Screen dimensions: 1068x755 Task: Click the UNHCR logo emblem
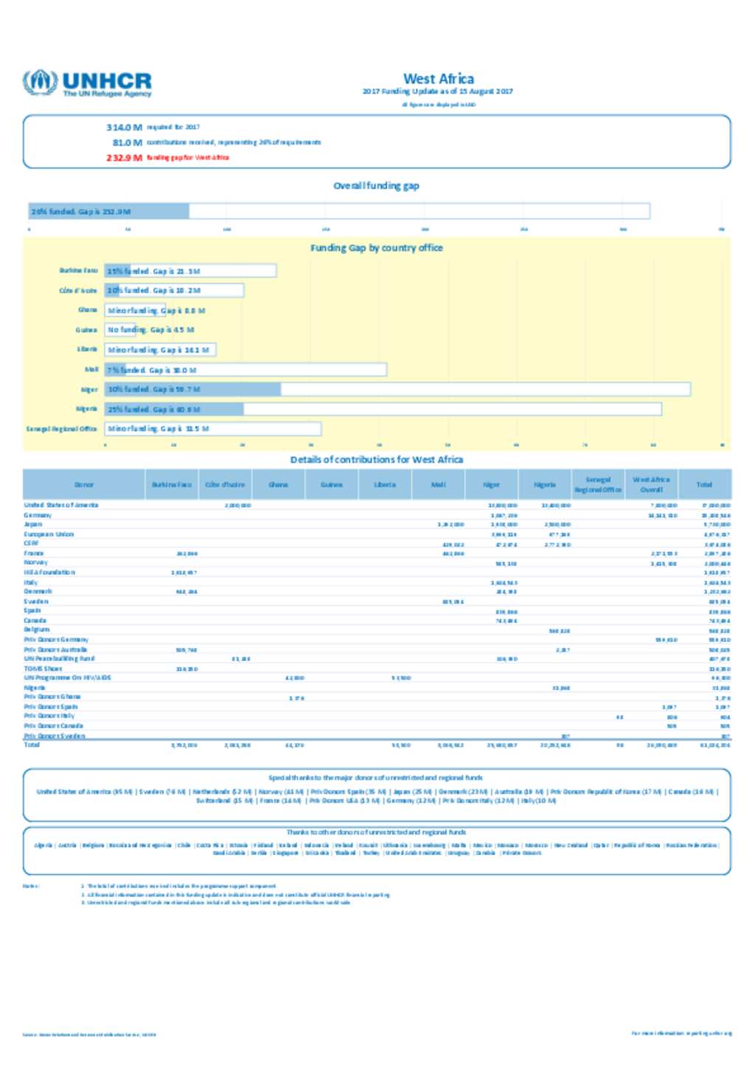point(40,83)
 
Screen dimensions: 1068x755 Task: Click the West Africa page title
point(438,79)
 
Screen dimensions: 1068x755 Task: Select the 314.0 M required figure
point(124,128)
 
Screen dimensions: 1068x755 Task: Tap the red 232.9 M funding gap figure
point(124,158)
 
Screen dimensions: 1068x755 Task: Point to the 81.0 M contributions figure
point(127,142)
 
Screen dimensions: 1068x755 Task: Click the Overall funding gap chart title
point(376,186)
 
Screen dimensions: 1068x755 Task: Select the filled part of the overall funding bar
point(109,212)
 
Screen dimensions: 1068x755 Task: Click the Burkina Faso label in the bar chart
point(78,271)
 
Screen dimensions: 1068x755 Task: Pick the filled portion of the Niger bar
point(192,389)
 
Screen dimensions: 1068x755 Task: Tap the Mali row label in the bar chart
point(91,369)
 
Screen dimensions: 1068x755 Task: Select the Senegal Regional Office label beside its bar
point(61,428)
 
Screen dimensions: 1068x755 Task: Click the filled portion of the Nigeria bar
point(174,409)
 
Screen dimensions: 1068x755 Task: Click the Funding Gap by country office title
point(376,248)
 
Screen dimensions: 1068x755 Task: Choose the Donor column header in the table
point(84,484)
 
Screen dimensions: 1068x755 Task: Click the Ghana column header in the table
point(278,484)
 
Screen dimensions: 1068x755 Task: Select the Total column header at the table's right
point(704,484)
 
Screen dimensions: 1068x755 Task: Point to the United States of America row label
point(61,505)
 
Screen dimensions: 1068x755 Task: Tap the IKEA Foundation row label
point(49,572)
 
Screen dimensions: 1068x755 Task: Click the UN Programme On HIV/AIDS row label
point(67,677)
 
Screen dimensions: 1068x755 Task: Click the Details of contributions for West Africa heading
point(376,459)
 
